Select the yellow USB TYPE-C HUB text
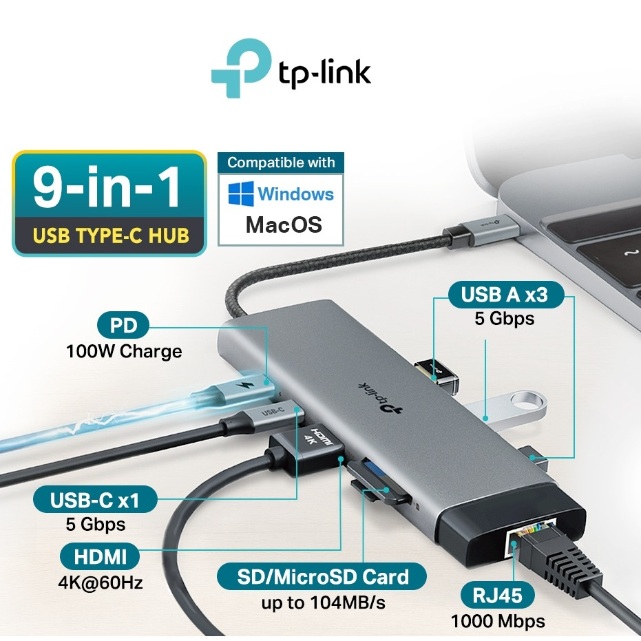[110, 235]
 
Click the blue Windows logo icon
[242, 193]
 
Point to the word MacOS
[280, 225]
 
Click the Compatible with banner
[281, 163]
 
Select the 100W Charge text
[124, 351]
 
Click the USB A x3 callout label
[505, 295]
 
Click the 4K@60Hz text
[101, 582]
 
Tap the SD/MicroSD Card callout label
[322, 576]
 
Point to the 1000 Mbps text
[498, 621]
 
